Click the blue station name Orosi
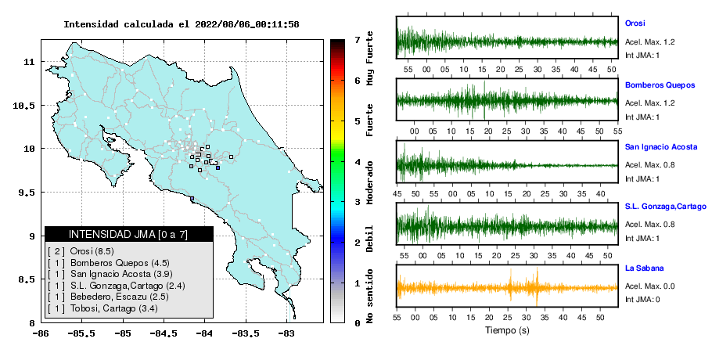coord(635,23)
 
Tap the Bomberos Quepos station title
coord(660,85)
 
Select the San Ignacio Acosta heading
coord(661,147)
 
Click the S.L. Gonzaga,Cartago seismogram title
coord(666,207)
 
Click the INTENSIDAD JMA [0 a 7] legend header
coord(128,234)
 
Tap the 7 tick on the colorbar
coord(358,39)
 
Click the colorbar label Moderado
coord(370,182)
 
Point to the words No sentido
coord(370,296)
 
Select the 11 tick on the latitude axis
coord(29,61)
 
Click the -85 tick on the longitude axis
coord(123,334)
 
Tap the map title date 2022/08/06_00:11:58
coord(247,24)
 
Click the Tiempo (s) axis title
coord(507,330)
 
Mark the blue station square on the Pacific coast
coord(192,198)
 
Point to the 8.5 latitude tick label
coord(27,279)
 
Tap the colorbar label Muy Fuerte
coord(370,58)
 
